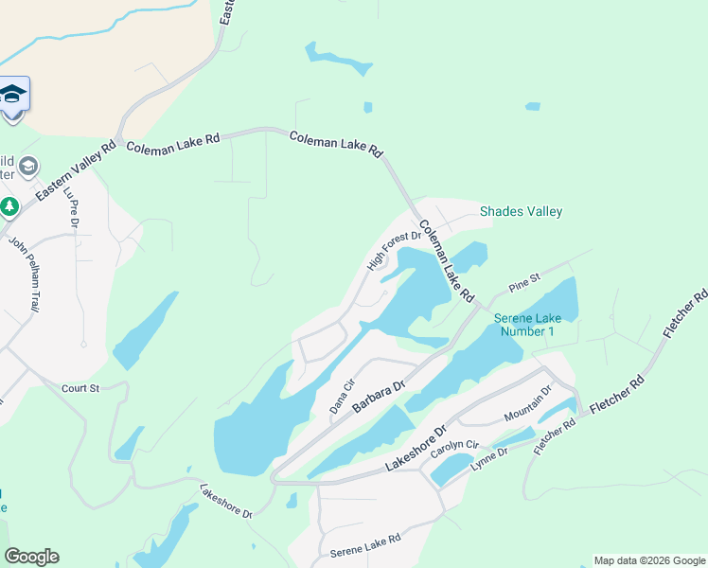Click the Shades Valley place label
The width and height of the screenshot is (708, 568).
coord(521,212)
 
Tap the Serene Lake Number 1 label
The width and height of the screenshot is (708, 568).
coord(527,325)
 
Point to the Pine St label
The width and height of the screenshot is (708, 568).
coord(523,280)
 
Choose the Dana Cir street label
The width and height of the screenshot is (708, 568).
coord(341,396)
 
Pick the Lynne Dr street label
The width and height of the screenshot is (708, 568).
coord(489,459)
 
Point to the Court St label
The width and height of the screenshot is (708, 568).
coord(80,388)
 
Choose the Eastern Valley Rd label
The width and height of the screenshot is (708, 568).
coord(76,171)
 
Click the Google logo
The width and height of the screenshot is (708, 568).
coord(31,557)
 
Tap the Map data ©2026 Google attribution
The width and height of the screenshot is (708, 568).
coord(648,560)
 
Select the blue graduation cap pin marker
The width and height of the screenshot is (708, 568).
coord(12,96)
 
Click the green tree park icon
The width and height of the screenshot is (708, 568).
coord(9,205)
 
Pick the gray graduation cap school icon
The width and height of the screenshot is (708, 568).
coord(28,167)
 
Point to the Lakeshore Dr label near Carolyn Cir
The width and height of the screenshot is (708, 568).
coord(415,450)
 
